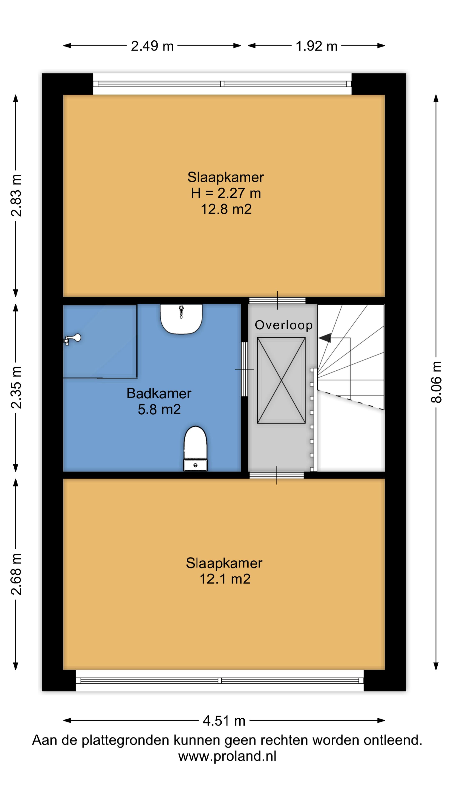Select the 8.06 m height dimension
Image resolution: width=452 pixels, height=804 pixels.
[x=436, y=382]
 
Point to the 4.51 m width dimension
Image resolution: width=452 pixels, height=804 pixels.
[x=224, y=721]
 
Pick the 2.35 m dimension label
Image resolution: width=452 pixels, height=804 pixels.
[x=16, y=388]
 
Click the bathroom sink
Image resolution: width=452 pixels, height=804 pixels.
[x=181, y=319]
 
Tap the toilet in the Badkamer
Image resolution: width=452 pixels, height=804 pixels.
[x=195, y=448]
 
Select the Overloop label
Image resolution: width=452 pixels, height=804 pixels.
[x=284, y=325]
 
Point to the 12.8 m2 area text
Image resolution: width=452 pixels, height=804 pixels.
[x=226, y=209]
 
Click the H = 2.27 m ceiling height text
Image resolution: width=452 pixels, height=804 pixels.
[x=226, y=193]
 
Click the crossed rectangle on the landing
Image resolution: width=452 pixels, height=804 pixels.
[x=281, y=380]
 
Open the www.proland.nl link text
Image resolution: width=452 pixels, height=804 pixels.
[x=227, y=756]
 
